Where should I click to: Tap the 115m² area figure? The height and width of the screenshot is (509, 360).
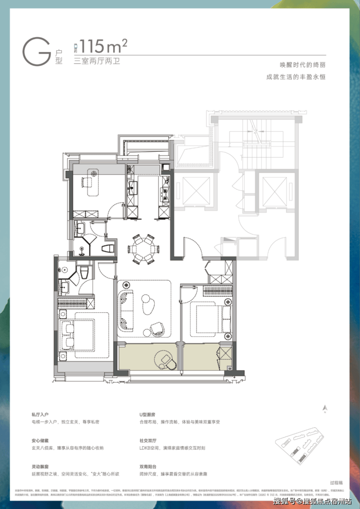pyautogui.click(x=104, y=47)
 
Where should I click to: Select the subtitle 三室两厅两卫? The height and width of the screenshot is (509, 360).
pyautogui.click(x=96, y=61)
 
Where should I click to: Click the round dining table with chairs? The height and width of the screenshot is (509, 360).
pyautogui.click(x=144, y=249)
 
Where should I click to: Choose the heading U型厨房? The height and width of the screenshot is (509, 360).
pyautogui.click(x=147, y=414)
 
